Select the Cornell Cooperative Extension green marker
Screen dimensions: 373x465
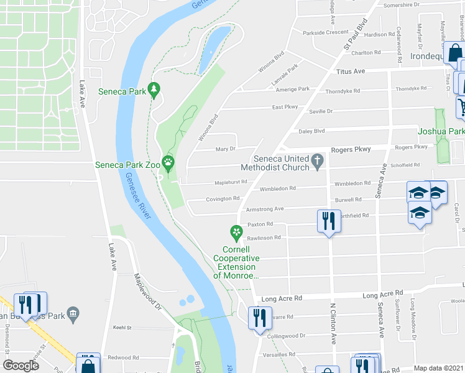(x=236, y=233)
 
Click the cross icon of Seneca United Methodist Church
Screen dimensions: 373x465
(x=318, y=160)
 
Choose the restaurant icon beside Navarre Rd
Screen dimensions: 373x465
(x=257, y=318)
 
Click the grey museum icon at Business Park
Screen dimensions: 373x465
(x=73, y=311)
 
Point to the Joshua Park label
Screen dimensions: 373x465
(x=440, y=131)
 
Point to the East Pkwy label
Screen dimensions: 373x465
(x=285, y=107)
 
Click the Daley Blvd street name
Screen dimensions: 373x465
(x=312, y=131)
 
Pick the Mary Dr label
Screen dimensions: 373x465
(x=224, y=149)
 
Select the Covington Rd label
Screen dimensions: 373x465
(x=223, y=198)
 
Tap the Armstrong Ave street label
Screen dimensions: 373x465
(x=265, y=209)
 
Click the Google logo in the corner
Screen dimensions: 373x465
(x=21, y=366)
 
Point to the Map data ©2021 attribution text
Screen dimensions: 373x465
(x=438, y=368)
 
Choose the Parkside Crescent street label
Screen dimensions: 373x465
(x=325, y=32)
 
